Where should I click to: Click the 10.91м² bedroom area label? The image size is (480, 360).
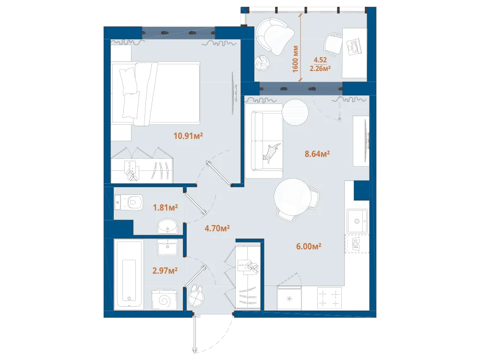[188, 135]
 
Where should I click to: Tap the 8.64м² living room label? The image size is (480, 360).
[317, 154]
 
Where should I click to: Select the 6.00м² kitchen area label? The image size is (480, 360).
[308, 246]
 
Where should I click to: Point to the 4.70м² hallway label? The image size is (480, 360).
[217, 228]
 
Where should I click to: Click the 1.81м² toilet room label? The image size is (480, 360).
[165, 207]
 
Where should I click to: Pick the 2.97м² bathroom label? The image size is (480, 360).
[165, 271]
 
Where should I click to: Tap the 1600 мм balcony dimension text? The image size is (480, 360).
[295, 59]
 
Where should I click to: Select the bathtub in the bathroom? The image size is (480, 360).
[129, 275]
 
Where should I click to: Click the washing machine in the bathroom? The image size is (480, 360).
[164, 300]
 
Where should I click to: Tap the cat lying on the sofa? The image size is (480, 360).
[271, 152]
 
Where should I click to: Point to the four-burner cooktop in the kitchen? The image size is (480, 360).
[329, 298]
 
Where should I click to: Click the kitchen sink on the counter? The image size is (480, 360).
[357, 221]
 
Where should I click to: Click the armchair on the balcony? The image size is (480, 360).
[274, 36]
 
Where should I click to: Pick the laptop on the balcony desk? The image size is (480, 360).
[355, 46]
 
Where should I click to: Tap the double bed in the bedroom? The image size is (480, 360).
[156, 94]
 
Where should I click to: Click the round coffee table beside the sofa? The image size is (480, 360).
[295, 112]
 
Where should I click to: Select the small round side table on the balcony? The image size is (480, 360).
[262, 63]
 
